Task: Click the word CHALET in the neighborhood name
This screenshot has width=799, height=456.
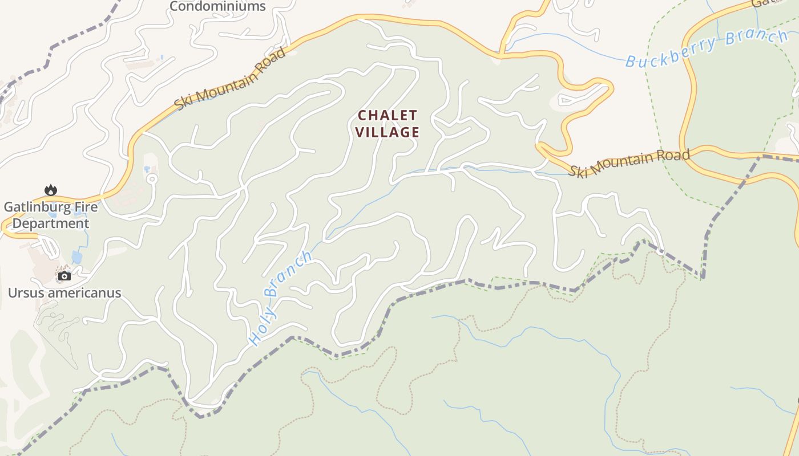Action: tap(388, 116)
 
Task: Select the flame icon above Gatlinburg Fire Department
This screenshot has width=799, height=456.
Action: tap(51, 190)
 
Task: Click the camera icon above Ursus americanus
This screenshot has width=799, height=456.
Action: tap(64, 276)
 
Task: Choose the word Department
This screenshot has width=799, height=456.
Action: tap(51, 223)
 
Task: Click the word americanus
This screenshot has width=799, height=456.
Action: tap(86, 293)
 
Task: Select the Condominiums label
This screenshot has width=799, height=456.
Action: tap(217, 6)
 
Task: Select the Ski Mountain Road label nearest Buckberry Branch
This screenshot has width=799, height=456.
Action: tap(629, 162)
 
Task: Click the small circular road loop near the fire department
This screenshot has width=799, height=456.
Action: tap(151, 178)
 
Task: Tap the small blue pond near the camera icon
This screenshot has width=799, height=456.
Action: tap(77, 257)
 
